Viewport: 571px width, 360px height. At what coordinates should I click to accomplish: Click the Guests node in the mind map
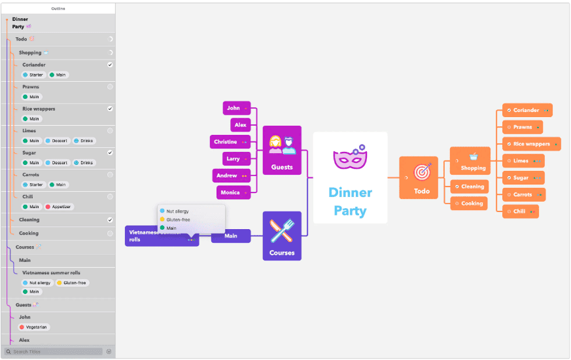pos(282,151)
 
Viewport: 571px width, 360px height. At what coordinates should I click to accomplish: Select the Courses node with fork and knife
pos(282,236)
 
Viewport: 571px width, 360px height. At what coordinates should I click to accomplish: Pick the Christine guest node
pos(230,141)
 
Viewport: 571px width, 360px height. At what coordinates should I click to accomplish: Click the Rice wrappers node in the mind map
pos(531,144)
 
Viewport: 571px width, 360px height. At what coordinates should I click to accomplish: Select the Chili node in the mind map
pos(520,211)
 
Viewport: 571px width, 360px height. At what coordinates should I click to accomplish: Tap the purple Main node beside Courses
pos(231,236)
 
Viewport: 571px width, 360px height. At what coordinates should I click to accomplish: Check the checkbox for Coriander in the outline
pos(110,65)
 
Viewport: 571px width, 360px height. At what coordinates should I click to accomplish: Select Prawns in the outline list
pos(31,86)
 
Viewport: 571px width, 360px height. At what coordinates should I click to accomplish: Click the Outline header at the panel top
pos(58,9)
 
